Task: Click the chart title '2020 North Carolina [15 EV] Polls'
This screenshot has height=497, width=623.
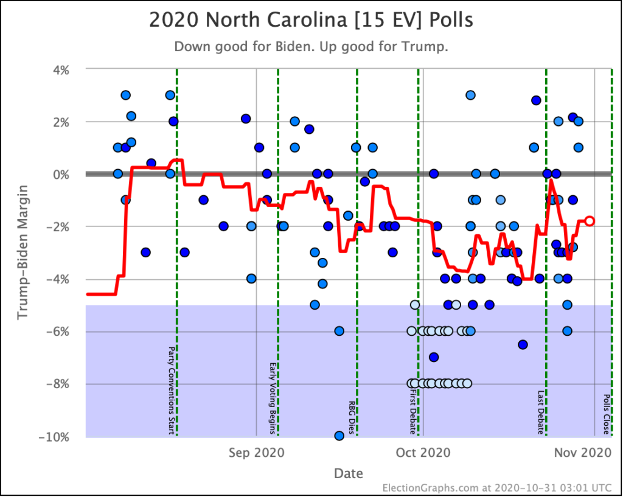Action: coord(311,20)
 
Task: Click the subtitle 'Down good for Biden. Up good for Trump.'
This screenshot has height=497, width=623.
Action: coord(311,47)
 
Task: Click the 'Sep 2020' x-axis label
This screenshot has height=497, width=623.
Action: coord(256,453)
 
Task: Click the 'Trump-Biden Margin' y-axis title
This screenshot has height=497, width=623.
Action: coord(23,252)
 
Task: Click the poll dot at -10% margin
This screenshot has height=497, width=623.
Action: coord(339,436)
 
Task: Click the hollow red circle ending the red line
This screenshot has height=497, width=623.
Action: coord(590,221)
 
